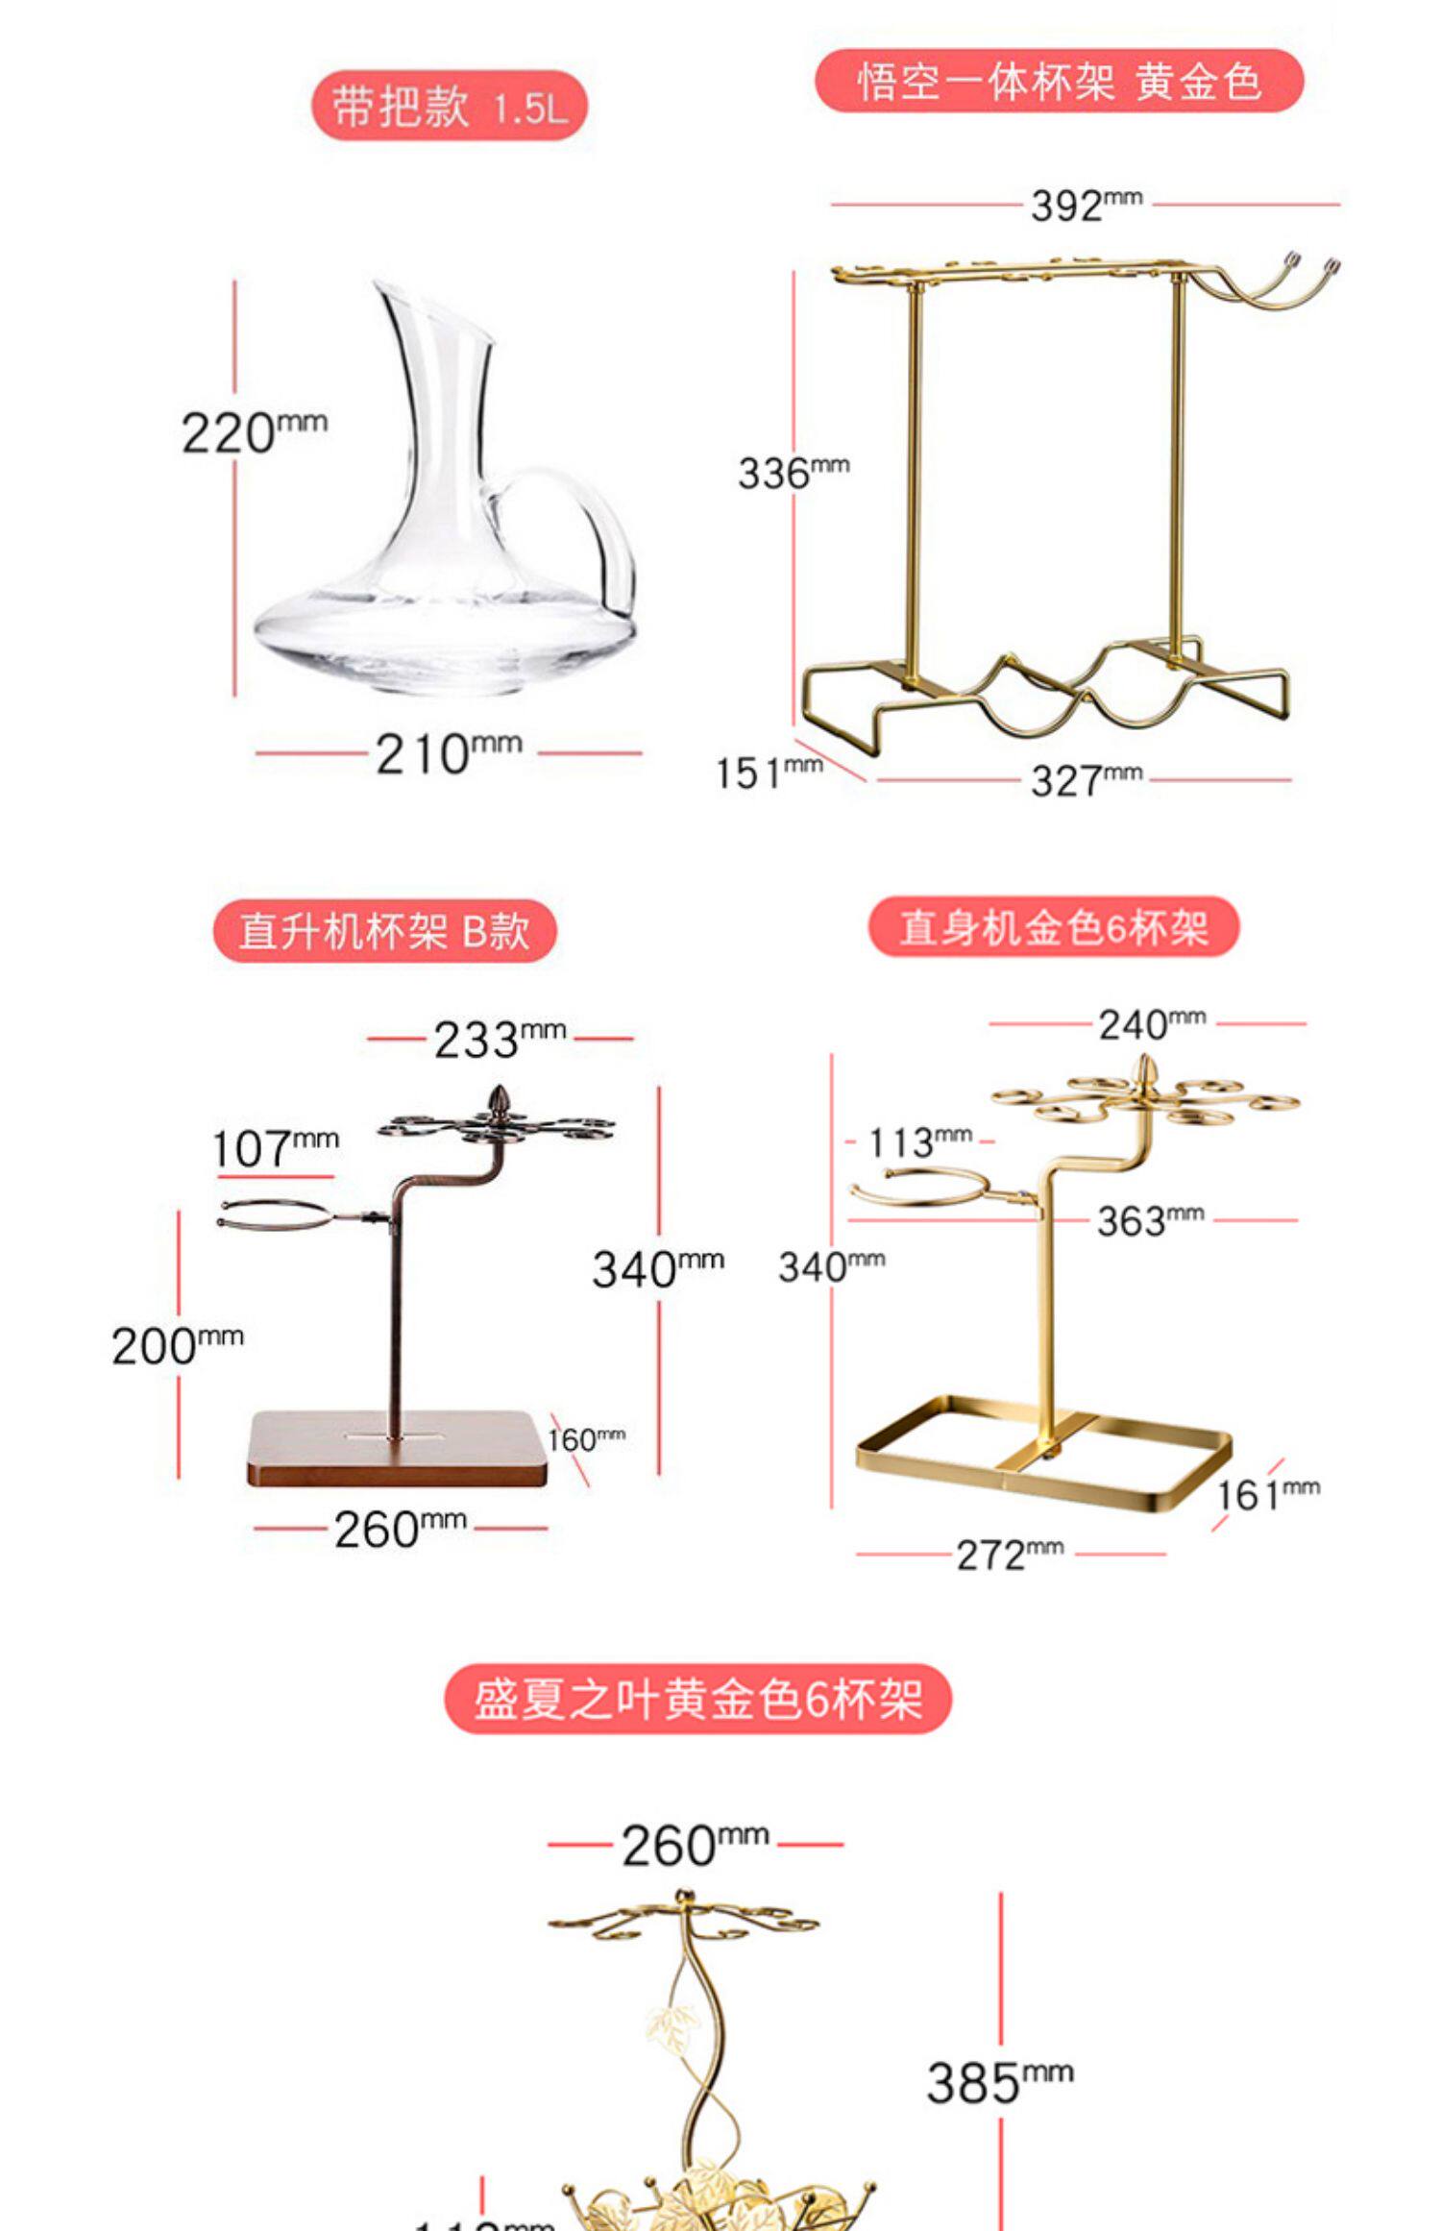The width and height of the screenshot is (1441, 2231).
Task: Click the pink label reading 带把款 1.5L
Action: point(449,106)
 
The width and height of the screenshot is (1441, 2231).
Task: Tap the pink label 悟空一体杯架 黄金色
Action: point(1059,82)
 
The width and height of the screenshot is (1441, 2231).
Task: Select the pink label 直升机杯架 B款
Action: point(384,930)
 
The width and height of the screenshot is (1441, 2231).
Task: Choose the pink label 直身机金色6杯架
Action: point(1053,927)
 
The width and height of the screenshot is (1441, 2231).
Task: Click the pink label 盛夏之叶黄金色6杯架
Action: point(697,1699)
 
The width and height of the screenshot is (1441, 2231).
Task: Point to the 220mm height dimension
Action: point(253,432)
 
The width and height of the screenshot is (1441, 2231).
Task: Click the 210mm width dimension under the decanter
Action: point(447,753)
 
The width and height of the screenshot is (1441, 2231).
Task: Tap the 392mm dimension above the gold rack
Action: point(1086,205)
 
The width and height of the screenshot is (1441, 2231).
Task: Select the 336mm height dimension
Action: point(793,472)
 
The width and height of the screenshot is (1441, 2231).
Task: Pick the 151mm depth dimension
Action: point(768,772)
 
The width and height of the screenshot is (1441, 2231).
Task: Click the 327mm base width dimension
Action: point(1086,779)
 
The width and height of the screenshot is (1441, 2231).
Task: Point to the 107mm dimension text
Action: point(274,1147)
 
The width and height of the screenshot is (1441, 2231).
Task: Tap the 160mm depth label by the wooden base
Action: point(585,1439)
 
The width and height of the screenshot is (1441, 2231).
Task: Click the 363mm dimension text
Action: point(1149,1220)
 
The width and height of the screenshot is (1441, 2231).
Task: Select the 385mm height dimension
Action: point(999,2081)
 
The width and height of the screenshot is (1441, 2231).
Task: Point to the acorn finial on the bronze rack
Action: point(499,1098)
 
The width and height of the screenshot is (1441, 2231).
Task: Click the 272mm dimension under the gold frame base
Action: point(1009,1554)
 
